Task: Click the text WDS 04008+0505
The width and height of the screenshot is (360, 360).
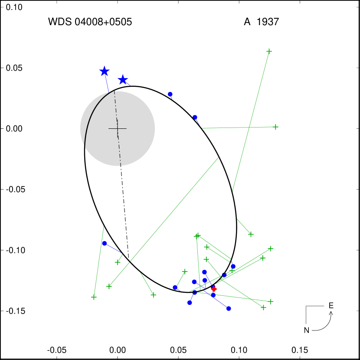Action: point(90,22)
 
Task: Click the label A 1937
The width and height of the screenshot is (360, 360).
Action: point(261,22)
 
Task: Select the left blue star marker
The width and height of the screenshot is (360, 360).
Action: point(104,71)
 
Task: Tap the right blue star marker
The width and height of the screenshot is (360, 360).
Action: point(123,80)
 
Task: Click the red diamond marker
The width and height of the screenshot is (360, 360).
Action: point(214,289)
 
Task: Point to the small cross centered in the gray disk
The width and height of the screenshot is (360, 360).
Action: point(118,128)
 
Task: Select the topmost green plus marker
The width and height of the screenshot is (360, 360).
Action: point(269,51)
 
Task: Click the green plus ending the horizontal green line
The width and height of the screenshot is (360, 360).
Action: point(275,127)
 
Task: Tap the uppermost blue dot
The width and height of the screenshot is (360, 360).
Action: point(170,94)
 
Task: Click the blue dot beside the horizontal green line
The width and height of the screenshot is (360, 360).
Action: point(195,117)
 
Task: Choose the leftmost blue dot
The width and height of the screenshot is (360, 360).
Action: point(105,243)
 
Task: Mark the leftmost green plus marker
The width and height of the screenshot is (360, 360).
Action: point(94,297)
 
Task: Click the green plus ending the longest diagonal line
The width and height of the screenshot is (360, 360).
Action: point(109,286)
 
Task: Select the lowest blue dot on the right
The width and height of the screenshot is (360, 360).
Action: point(229,308)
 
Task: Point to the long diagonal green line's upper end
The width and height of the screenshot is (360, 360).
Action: point(218,158)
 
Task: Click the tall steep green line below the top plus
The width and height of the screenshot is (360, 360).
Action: point(251,121)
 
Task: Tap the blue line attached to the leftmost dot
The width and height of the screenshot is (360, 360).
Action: point(113,248)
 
